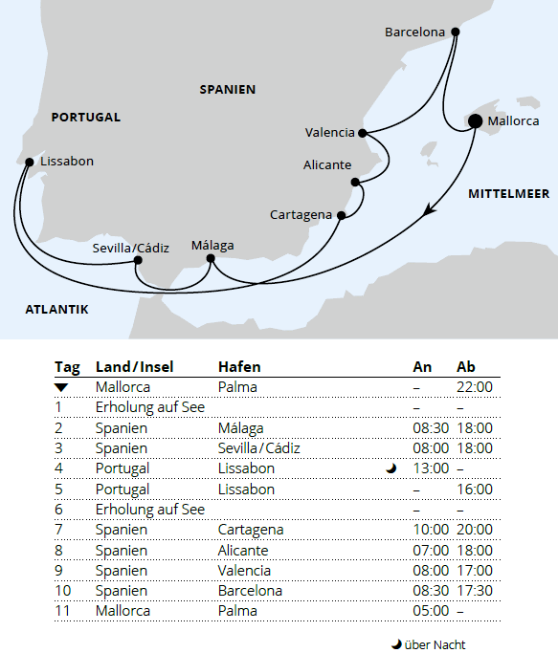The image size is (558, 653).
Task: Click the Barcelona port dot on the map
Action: tap(455, 32)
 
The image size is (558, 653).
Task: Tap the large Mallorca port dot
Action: tap(475, 120)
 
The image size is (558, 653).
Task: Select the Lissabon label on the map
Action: tap(67, 162)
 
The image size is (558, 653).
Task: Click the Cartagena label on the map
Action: tap(301, 214)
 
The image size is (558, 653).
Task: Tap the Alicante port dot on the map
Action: tap(355, 182)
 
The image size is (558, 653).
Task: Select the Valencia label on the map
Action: tap(329, 133)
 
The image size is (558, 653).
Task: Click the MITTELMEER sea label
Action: tap(508, 194)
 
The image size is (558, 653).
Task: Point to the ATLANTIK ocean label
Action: tap(57, 309)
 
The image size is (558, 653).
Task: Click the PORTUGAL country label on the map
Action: tap(86, 118)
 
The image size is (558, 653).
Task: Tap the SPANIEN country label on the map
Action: tap(228, 89)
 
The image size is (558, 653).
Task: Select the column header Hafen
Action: tap(239, 367)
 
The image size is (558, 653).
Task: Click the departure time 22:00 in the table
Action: tap(475, 387)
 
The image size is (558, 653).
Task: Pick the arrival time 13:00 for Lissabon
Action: tap(431, 468)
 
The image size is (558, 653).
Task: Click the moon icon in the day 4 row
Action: tap(391, 468)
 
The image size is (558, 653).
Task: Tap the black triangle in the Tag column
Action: tap(61, 387)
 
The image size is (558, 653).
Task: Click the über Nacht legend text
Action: tap(435, 644)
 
